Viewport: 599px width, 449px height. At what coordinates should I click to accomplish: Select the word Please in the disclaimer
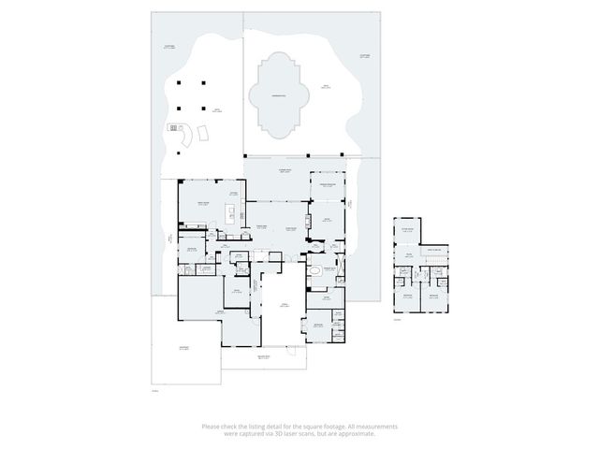point(211,427)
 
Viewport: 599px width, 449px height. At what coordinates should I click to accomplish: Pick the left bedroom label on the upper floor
point(407,296)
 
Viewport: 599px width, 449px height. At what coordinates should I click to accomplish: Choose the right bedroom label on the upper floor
point(434,296)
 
